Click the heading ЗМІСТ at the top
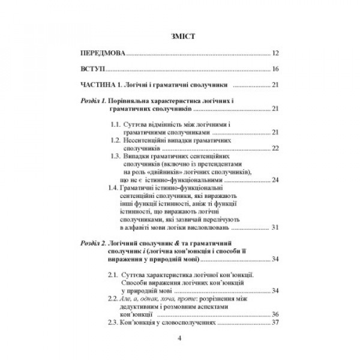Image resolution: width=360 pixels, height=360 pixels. [179, 37]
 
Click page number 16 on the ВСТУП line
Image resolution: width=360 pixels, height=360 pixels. [275, 70]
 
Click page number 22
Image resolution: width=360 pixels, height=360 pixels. [275, 147]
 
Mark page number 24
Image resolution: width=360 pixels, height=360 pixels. [275, 179]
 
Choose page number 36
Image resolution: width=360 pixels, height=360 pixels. [275, 314]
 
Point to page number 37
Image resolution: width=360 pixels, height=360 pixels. [275, 322]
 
